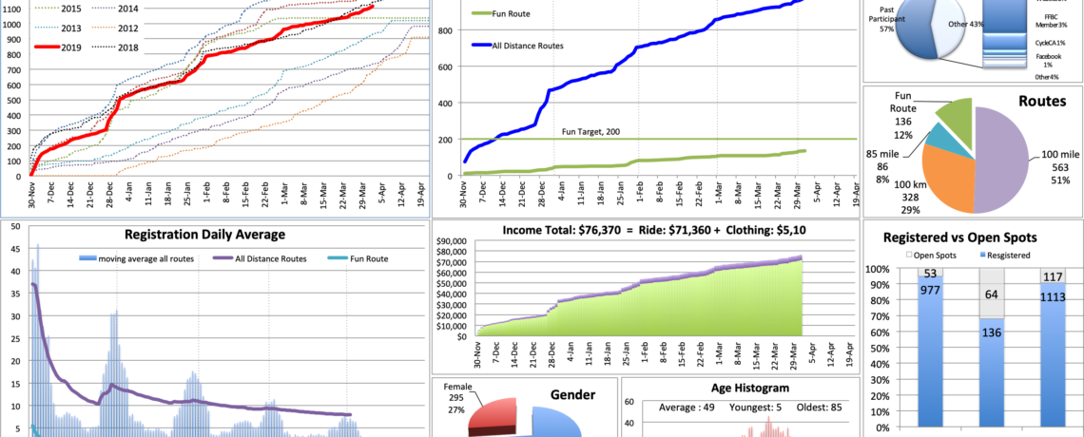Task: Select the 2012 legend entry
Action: coord(130,28)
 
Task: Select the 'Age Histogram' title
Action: coord(737,387)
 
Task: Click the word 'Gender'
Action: coord(572,394)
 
